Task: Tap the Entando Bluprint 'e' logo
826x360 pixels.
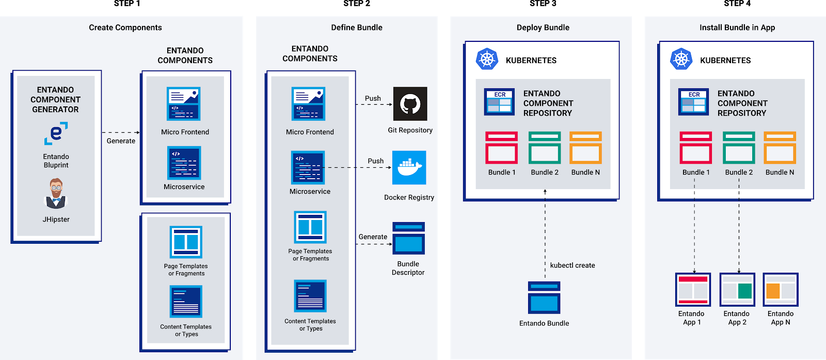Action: coord(56,133)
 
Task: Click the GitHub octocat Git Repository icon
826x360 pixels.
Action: coord(410,104)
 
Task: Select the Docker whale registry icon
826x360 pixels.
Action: coord(409,168)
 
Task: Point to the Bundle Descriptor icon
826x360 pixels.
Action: coord(408,238)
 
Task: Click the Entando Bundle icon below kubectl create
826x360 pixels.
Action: coord(544,298)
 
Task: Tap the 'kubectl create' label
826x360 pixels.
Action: coord(572,265)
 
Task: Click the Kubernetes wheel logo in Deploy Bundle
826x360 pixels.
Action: coord(487,59)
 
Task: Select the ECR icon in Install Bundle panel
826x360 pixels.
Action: coord(693,102)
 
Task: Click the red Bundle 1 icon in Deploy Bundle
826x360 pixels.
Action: coord(501,148)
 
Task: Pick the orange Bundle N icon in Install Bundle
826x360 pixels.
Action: coord(780,148)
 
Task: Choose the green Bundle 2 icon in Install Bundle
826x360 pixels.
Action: coord(739,148)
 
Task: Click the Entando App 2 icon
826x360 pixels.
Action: coord(737,290)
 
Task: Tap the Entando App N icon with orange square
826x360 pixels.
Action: coord(781,290)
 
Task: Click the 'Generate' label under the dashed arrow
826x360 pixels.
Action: coord(121,141)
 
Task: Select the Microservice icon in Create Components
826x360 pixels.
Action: coord(184,163)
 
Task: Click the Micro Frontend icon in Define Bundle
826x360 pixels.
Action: coord(308,104)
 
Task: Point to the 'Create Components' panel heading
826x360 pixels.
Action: coord(125,28)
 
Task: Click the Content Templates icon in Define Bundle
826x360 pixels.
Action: coord(310,296)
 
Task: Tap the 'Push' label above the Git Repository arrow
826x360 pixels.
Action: coord(373,99)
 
